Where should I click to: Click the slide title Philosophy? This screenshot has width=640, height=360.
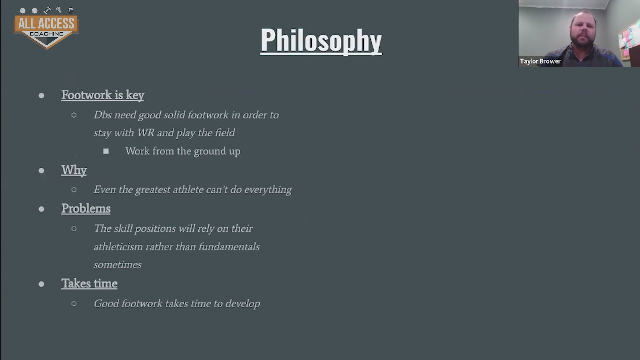click(x=321, y=41)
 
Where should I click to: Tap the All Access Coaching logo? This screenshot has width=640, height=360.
click(x=46, y=28)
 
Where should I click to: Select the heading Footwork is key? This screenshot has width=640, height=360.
click(x=103, y=95)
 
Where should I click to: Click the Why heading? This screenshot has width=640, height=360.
click(x=74, y=170)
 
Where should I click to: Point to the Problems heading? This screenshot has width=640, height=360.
click(x=86, y=209)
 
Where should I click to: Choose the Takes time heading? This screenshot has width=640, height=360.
click(x=89, y=284)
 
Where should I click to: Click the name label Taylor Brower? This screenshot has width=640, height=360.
click(x=540, y=61)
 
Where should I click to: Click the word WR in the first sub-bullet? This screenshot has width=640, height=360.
click(x=146, y=133)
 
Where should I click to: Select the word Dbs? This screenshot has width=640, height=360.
click(x=103, y=115)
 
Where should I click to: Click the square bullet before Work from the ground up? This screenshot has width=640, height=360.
click(x=106, y=151)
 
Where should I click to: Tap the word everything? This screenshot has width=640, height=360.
click(x=268, y=190)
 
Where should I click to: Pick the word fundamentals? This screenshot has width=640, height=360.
click(x=229, y=247)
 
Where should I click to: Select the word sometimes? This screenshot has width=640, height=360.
click(x=118, y=265)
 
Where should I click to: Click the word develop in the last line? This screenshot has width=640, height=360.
click(x=243, y=304)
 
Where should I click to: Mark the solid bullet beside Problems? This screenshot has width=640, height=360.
click(x=41, y=209)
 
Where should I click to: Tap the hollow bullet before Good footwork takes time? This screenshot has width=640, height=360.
click(x=74, y=304)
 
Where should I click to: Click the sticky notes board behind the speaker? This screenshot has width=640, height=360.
click(x=628, y=40)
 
